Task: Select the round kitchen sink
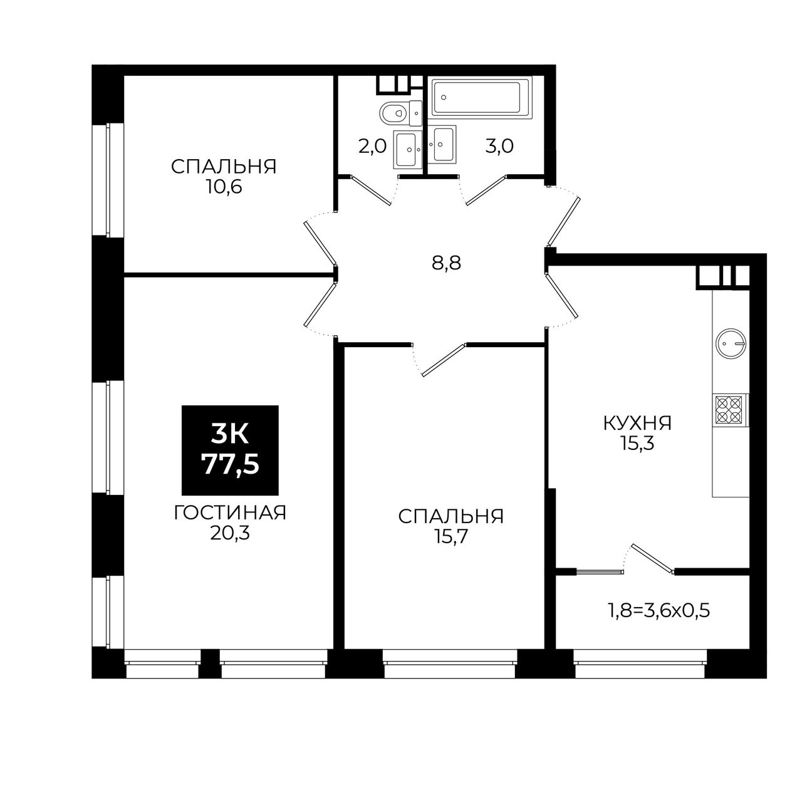(x=731, y=343)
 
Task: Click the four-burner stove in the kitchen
(x=729, y=410)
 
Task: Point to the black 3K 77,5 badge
(x=230, y=450)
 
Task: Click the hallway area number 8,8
(x=447, y=263)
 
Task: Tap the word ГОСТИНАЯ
(x=230, y=513)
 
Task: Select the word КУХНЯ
(x=638, y=424)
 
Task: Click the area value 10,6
(x=224, y=187)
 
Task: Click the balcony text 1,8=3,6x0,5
(x=659, y=612)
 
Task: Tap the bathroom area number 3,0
(x=499, y=147)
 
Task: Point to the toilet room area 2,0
(x=372, y=147)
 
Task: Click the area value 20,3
(x=230, y=534)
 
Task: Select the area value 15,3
(x=638, y=444)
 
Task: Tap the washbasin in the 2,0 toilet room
(x=407, y=149)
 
